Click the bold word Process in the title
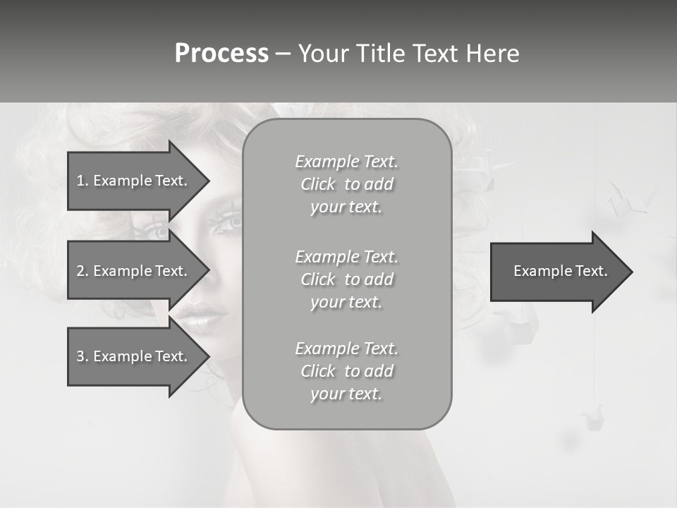coord(221,54)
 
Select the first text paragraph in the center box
coord(346,184)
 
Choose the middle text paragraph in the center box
coord(346,279)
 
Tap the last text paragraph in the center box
coord(346,371)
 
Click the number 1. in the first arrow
coord(83,181)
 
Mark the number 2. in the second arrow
coord(83,271)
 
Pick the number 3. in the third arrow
coord(83,356)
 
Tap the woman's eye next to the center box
coord(229,222)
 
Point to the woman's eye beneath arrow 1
coord(157,230)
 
